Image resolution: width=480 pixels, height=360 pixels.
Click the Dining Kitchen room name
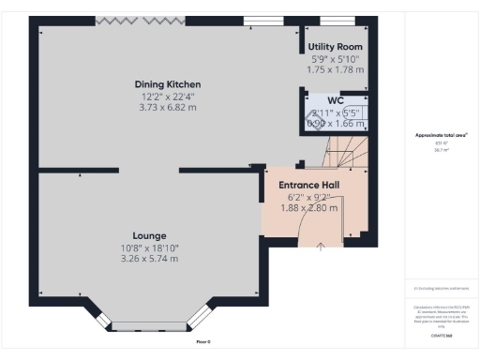[167, 84]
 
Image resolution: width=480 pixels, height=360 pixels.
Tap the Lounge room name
[149, 235]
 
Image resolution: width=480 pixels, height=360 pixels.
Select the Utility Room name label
[335, 46]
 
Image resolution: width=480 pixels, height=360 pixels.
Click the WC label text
[335, 99]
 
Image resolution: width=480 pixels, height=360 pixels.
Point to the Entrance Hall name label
[309, 186]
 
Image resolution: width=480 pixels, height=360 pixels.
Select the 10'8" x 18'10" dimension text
[149, 247]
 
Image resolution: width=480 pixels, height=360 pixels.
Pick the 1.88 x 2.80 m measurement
[309, 208]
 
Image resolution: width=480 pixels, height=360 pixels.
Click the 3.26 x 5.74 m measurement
[149, 258]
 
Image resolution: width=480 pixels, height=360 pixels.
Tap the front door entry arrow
[321, 247]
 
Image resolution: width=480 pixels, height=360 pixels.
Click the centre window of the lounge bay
[149, 326]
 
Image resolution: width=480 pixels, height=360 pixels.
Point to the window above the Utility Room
[332, 20]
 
